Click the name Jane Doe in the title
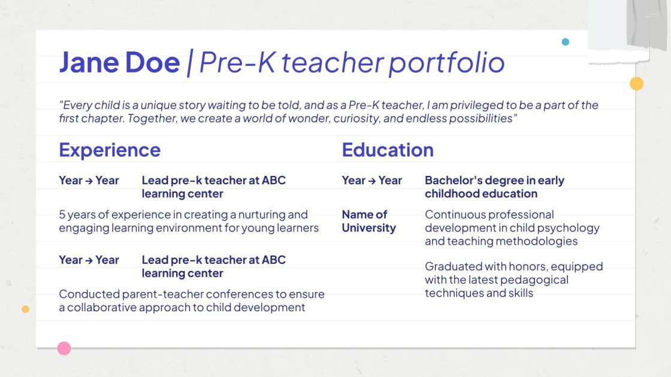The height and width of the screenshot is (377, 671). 119,62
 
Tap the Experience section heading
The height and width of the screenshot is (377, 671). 110,150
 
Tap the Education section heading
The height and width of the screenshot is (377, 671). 388,150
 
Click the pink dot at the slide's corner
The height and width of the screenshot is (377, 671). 64,348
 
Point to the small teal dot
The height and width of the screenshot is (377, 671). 566,42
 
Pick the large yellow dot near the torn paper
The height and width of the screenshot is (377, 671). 636,84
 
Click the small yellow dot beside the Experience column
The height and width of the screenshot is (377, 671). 25,309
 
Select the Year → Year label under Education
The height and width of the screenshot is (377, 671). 371,180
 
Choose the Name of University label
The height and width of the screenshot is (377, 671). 368,221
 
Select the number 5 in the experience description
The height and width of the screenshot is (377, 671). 62,214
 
